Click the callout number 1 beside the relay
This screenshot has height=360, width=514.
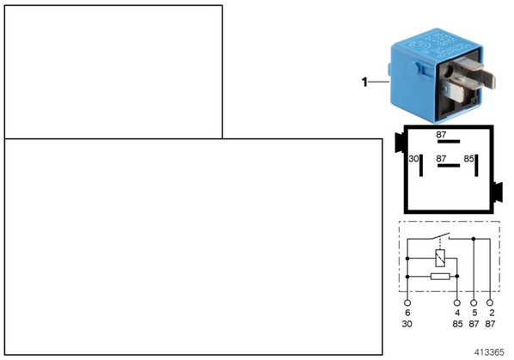364,82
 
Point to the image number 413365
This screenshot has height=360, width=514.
489,352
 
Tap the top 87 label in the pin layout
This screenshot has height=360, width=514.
441,135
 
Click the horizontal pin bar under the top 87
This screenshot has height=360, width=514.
449,142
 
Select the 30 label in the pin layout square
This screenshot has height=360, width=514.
413,159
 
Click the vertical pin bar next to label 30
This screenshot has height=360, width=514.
421,165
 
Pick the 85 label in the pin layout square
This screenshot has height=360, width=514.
468,159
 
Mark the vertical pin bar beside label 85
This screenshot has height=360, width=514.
476,165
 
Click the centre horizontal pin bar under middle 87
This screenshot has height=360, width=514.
449,166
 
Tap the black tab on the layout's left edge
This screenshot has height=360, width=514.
400,143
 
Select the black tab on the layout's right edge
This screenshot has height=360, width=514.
498,192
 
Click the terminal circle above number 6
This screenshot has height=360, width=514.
407,302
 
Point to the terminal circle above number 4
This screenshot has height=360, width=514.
457,302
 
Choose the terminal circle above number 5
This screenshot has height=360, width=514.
474,302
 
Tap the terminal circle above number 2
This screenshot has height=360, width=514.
490,302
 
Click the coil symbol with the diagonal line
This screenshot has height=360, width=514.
440,258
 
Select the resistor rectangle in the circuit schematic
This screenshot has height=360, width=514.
440,277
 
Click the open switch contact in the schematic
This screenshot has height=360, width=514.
439,236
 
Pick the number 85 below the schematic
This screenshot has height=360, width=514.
457,324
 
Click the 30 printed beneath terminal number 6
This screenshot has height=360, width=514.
407,324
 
